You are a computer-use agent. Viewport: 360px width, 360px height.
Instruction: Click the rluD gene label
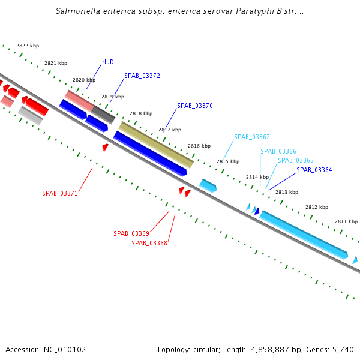tap(108, 62)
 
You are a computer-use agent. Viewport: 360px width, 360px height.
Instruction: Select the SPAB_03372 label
tap(142, 76)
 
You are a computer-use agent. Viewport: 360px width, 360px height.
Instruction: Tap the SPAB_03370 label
tap(195, 106)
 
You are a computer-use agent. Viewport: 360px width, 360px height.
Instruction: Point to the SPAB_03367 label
tap(252, 137)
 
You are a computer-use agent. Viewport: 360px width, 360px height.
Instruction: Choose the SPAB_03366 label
tap(278, 152)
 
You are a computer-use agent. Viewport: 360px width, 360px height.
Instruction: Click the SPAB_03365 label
tap(296, 161)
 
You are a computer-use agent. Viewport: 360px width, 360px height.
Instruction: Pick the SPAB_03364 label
tap(314, 170)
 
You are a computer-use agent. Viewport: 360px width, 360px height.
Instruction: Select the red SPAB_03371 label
tap(60, 194)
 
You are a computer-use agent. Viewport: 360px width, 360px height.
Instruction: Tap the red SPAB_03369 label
tap(131, 233)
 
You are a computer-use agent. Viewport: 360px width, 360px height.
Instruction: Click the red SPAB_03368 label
tap(149, 243)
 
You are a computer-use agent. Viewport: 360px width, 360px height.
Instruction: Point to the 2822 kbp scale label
tap(28, 46)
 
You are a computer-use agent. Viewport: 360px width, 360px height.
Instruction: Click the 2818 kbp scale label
tap(141, 113)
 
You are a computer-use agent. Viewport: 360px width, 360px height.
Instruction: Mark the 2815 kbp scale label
tap(228, 161)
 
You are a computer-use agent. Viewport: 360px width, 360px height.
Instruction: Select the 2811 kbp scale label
tap(346, 221)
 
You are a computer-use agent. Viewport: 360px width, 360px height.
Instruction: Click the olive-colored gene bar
tap(156, 145)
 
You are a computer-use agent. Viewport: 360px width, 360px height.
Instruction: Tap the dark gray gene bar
tap(103, 115)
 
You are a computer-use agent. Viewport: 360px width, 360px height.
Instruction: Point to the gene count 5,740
tap(343, 349)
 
